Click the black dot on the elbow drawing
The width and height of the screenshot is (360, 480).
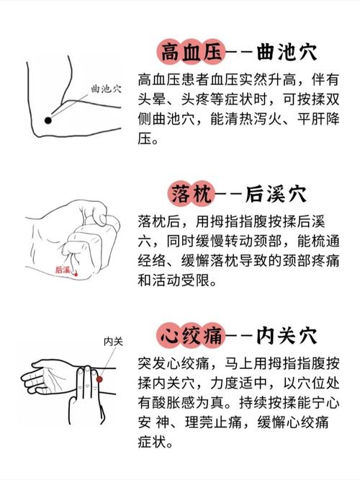tap(48, 120)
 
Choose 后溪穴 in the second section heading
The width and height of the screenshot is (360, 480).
tap(276, 194)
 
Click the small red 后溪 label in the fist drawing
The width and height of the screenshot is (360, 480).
tap(63, 270)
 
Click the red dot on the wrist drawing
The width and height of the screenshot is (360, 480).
tap(100, 379)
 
